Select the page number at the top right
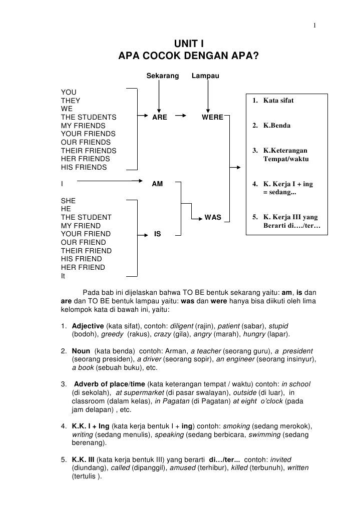(314, 26)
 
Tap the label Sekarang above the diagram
(162, 76)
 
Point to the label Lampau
(205, 76)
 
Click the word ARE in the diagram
(160, 117)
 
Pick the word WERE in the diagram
(212, 117)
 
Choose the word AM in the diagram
(157, 184)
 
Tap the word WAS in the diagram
(213, 218)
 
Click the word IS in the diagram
(157, 234)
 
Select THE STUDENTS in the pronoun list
(89, 117)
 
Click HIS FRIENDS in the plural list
(84, 167)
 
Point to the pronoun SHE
(68, 201)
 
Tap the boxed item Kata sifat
(278, 101)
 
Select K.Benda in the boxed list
(277, 126)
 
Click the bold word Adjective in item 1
(88, 325)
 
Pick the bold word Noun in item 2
(81, 351)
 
